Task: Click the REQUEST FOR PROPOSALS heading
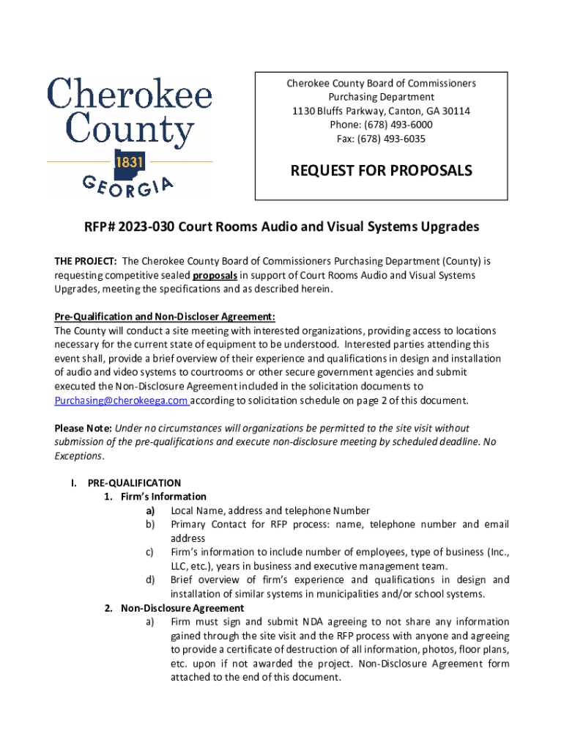coord(382,171)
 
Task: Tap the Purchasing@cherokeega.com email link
coord(121,400)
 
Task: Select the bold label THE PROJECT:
coord(86,261)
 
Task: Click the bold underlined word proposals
coord(215,275)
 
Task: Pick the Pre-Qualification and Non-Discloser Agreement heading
coord(165,317)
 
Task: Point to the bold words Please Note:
coord(83,428)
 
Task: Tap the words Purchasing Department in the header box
coord(381,97)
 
